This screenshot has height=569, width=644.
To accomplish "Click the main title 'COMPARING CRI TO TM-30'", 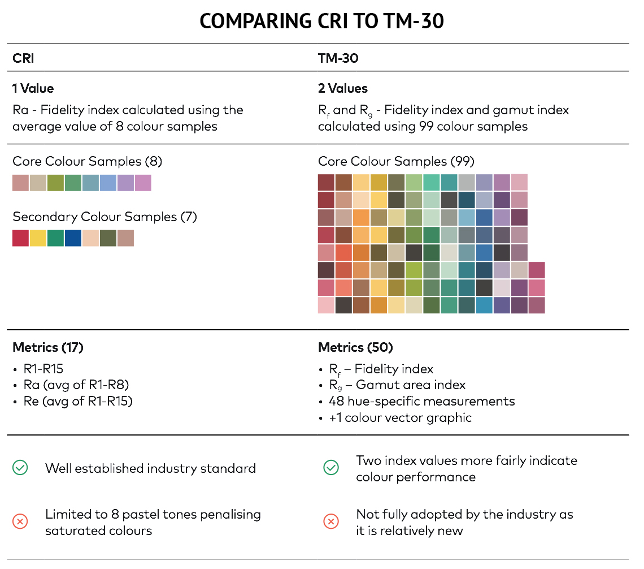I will click(321, 21).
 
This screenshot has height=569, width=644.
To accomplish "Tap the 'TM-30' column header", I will click(338, 58).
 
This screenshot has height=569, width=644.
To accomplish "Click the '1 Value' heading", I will click(33, 88).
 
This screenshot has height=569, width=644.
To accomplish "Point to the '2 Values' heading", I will click(342, 88).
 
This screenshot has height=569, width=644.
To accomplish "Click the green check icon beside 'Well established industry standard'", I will click(20, 468).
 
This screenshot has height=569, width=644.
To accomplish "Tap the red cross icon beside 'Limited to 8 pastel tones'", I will click(20, 522).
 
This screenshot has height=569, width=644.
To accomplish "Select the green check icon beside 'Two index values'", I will click(330, 468).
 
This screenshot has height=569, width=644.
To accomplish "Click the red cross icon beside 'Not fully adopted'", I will click(330, 522).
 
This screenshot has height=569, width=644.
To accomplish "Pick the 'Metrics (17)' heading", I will click(47, 347).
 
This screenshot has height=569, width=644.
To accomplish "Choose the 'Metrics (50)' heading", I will click(355, 347).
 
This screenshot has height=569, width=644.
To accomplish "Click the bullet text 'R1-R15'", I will click(43, 369).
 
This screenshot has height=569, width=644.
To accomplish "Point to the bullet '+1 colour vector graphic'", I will click(400, 418).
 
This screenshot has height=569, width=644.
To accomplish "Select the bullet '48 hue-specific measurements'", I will click(421, 402).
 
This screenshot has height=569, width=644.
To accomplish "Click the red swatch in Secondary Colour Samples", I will click(20, 238).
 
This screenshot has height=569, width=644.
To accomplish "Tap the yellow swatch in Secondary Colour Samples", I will click(38, 238).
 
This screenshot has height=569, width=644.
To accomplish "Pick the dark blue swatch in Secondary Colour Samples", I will click(73, 238).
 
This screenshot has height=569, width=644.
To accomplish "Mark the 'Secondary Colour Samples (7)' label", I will click(105, 217).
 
